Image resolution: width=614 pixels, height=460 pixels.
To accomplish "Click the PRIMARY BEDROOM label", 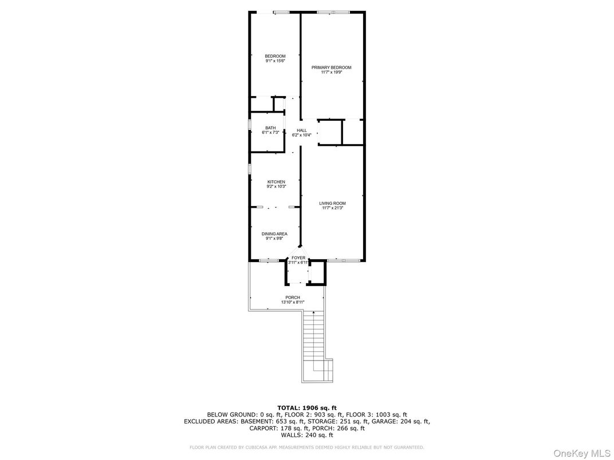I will tap(331, 68).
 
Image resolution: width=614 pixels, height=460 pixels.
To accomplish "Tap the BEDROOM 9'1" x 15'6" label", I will tap(275, 56).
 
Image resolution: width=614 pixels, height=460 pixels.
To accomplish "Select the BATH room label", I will tap(270, 128).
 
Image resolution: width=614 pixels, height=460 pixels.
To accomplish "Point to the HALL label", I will tap(301, 130).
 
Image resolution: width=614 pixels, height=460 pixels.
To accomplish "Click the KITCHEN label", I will tap(276, 182).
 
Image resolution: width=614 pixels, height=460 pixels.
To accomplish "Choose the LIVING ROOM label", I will tap(332, 203).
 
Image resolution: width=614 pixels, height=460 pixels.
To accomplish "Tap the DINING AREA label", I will tap(274, 233).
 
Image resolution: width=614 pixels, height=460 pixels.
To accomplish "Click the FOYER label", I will tap(298, 257).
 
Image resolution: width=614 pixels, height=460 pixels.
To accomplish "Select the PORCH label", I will tap(293, 298).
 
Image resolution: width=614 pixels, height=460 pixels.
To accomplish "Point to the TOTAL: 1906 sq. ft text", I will tap(306, 407).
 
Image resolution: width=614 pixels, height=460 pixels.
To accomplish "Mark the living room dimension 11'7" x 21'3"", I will tap(332, 208).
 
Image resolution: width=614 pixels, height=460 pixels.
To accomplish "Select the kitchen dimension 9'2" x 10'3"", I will tap(276, 187).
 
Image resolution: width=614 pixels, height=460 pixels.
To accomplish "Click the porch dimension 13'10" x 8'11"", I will tap(293, 302).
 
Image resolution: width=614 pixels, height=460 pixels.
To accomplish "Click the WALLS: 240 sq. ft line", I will tap(306, 435).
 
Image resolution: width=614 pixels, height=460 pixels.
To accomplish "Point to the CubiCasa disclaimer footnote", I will tap(306, 447).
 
